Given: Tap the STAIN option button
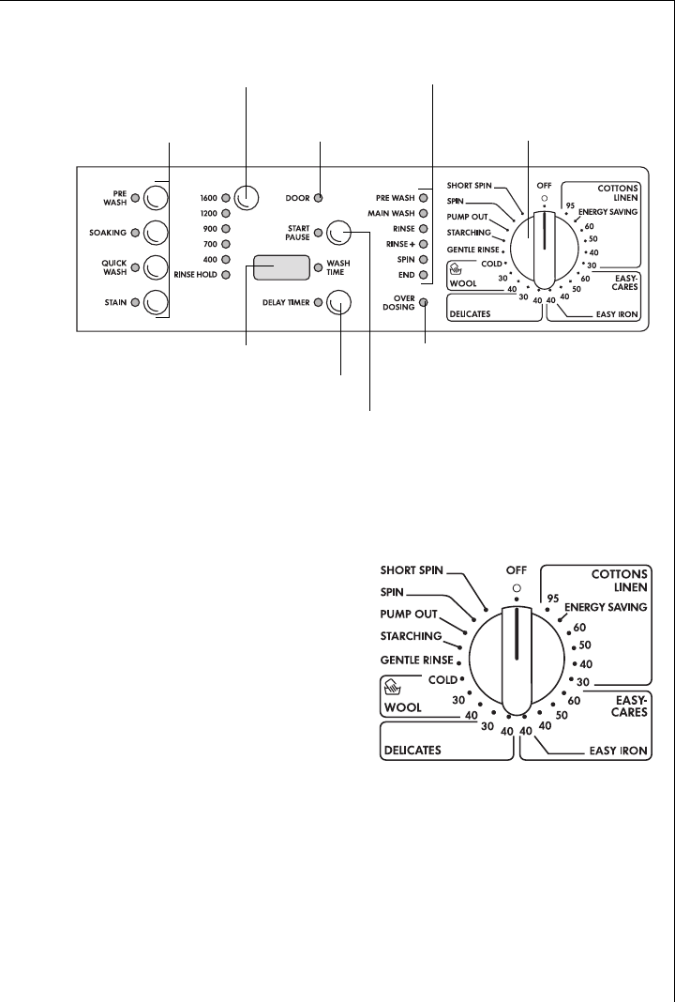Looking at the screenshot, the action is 155,303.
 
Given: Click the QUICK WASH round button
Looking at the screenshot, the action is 155,267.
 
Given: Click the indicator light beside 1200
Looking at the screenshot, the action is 226,213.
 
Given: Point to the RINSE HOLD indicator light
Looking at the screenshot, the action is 226,273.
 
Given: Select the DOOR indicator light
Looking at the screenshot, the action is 319,198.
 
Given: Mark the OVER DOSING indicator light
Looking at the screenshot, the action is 424,303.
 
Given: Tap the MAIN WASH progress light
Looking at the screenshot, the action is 424,213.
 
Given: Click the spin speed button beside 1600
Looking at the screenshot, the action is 246,197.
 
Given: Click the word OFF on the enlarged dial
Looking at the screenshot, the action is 516,569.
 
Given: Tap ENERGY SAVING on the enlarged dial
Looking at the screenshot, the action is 606,608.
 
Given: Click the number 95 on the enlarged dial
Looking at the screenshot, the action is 552,598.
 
